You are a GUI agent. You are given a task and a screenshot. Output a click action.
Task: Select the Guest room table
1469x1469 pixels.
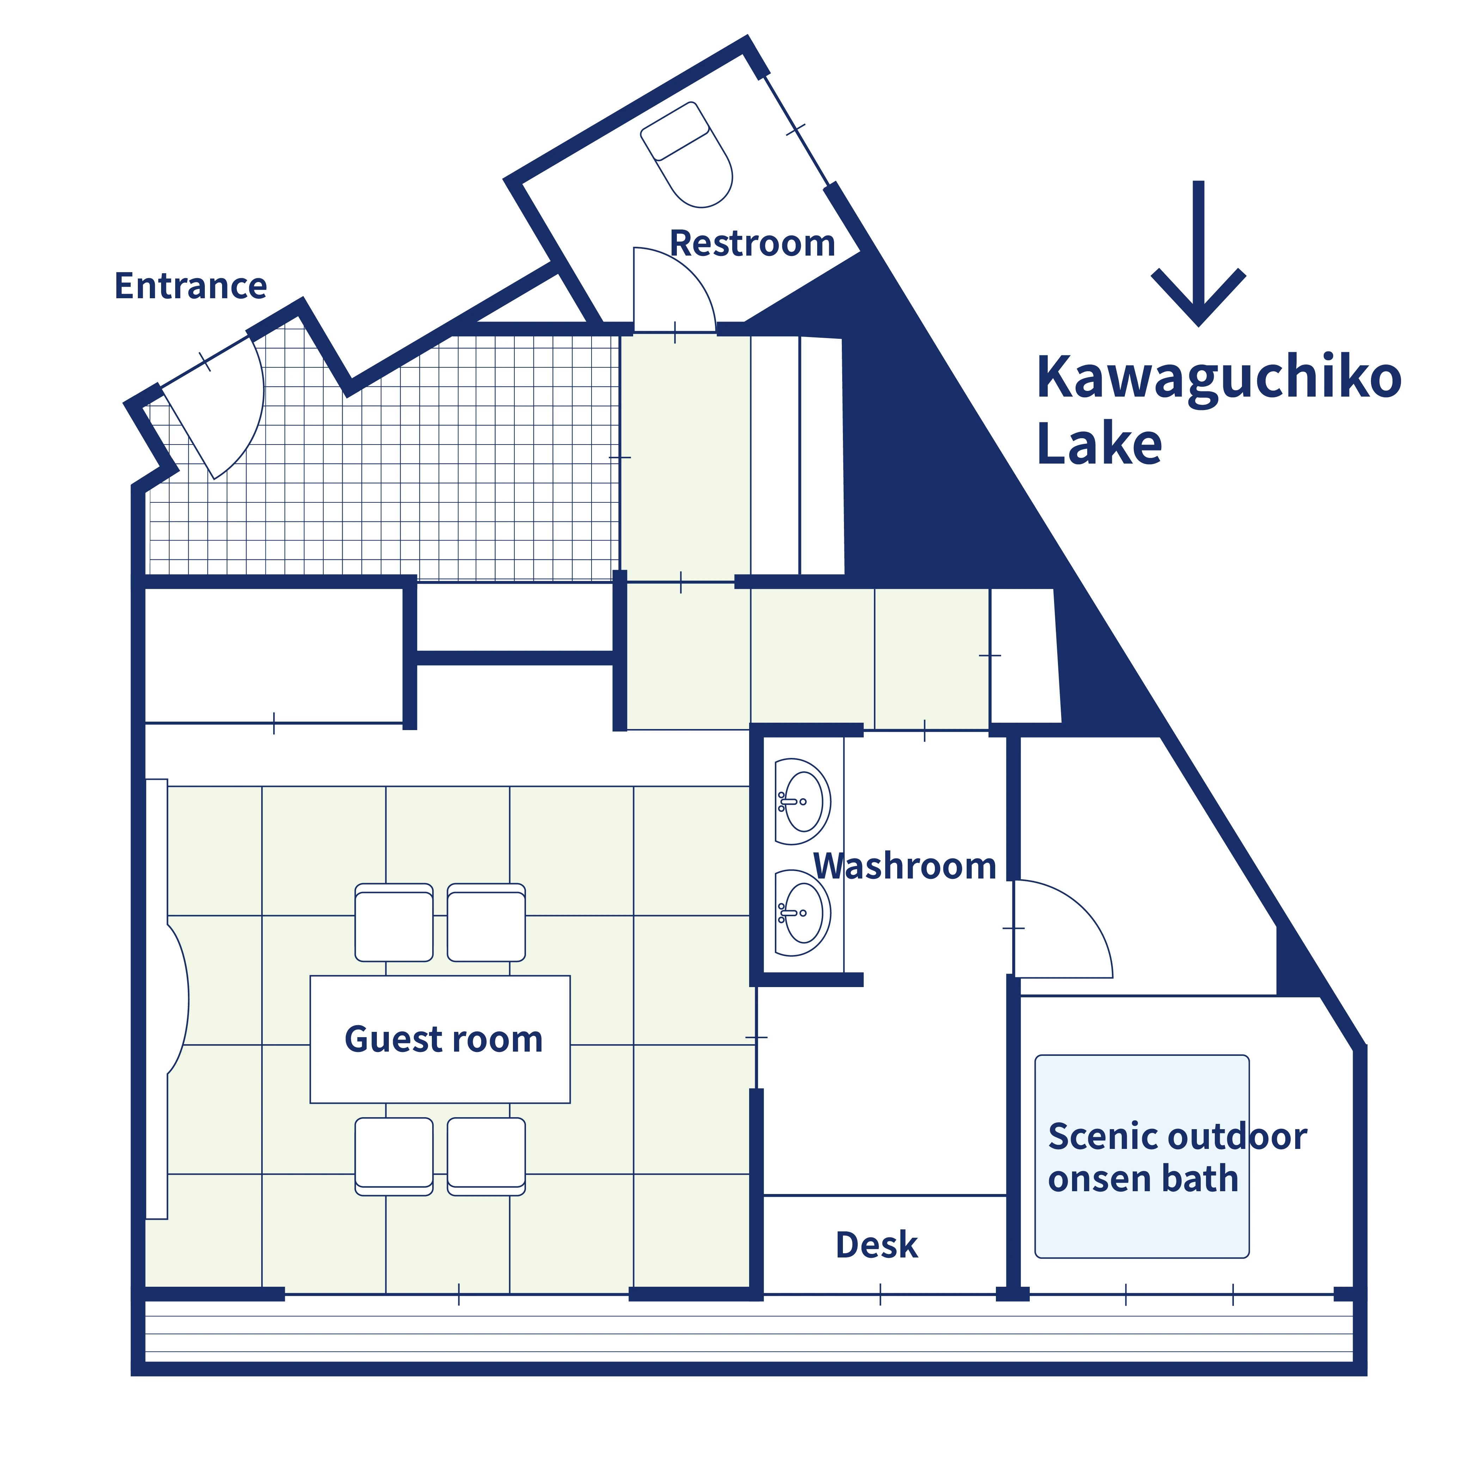click(x=440, y=1039)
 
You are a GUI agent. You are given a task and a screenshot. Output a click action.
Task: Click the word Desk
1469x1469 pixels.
click(x=877, y=1245)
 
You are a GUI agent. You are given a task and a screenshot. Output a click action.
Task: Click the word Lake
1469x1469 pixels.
click(x=1100, y=444)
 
